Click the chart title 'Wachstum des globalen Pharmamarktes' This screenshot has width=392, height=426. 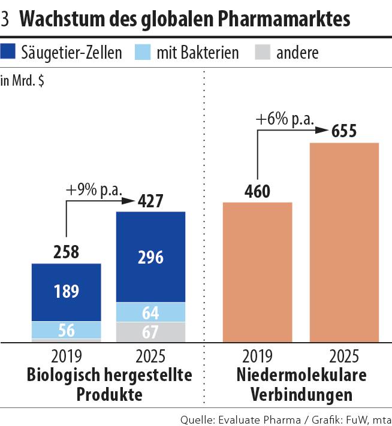click(185, 20)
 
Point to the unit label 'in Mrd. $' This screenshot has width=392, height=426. click(22, 81)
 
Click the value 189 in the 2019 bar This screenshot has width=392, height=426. click(67, 292)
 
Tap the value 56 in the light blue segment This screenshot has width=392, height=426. click(67, 330)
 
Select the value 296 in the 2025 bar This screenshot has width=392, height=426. click(150, 257)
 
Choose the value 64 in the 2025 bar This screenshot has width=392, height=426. click(150, 312)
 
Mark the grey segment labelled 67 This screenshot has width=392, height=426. click(150, 331)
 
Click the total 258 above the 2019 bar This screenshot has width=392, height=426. click(66, 252)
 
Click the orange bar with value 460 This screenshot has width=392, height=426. click(257, 273)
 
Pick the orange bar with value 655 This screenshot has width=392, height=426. click(344, 243)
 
